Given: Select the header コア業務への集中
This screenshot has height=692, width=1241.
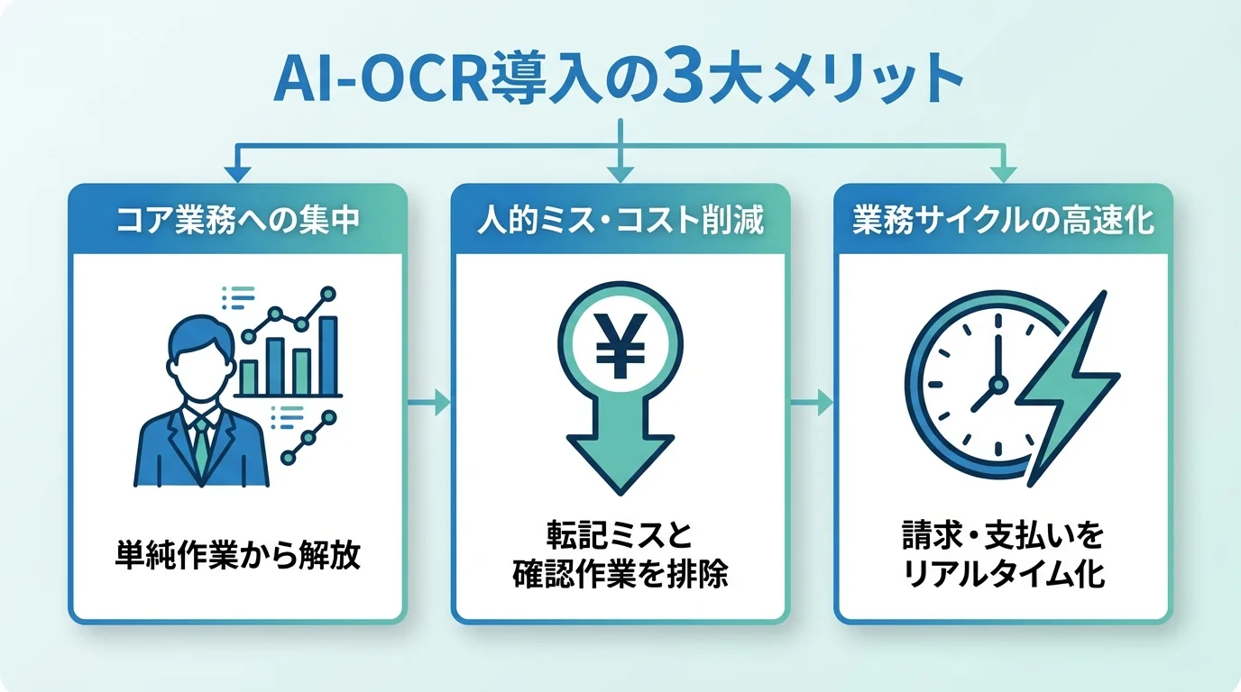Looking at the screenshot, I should coord(238,221).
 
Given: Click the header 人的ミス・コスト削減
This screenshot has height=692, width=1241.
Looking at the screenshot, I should coord(620,221).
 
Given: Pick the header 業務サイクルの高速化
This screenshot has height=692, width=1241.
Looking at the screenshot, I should coord(1003,221).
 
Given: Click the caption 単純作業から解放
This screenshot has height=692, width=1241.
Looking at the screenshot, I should coord(238,554).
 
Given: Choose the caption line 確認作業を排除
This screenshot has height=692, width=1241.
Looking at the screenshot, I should coord(620,574).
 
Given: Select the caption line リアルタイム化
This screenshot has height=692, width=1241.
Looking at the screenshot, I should coord(1003,574).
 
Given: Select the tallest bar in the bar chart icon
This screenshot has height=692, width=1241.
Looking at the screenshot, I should coord(328,356).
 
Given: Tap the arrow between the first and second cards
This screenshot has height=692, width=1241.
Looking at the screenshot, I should coord(429,403).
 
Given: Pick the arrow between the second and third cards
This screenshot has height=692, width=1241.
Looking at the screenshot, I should coord(812,403).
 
